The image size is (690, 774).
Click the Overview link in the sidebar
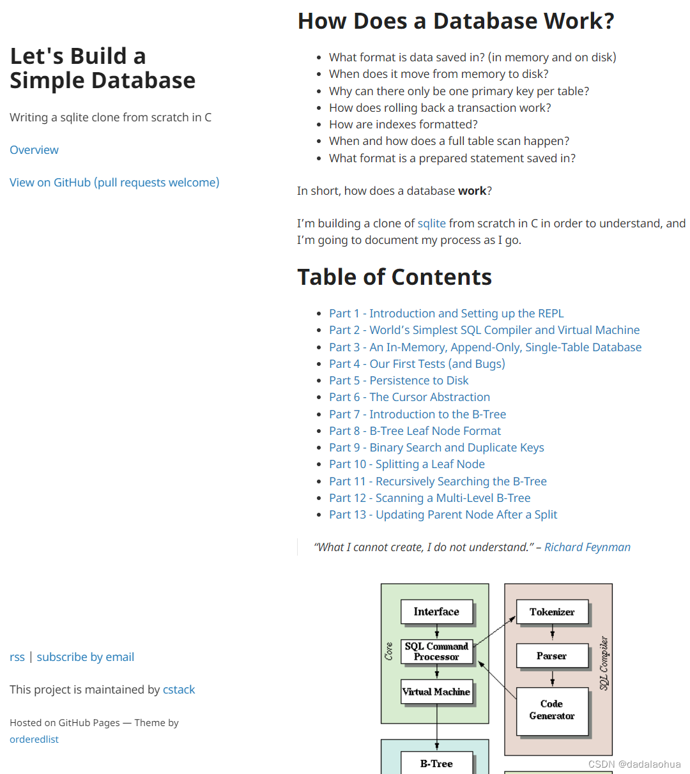point(34,150)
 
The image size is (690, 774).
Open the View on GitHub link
point(114,183)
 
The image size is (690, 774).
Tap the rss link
point(17,657)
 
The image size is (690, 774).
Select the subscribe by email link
point(85,657)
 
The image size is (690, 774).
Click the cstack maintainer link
point(179,690)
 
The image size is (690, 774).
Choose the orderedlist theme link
point(34,740)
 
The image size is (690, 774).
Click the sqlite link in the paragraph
point(431,224)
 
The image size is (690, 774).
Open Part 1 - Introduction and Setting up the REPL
point(446,314)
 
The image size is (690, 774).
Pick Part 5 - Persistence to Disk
point(399,381)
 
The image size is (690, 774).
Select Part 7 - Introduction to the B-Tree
point(417,414)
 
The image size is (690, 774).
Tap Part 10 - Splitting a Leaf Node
point(406,464)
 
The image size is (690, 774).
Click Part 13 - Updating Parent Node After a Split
point(443,515)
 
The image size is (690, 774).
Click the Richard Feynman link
point(587,547)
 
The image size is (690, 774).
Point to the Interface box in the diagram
point(436,612)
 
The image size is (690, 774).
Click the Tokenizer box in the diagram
point(551,612)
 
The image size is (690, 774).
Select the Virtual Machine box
point(436,692)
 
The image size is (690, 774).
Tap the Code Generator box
point(551,710)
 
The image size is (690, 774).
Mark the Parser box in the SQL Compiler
point(551,656)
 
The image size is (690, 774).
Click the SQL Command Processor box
point(436,651)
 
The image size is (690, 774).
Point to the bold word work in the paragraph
point(472,191)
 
